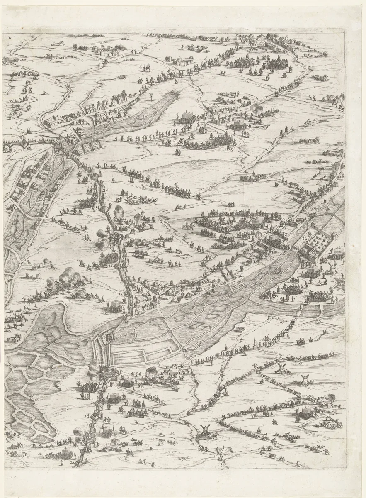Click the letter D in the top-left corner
pos(10,37)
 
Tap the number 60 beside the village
pos(105,124)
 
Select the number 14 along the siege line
pos(98,206)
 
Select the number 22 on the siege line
pos(87,415)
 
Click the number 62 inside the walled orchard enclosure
pos(305,238)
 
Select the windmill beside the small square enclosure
pos(204,432)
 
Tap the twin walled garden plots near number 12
pos(91,146)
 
